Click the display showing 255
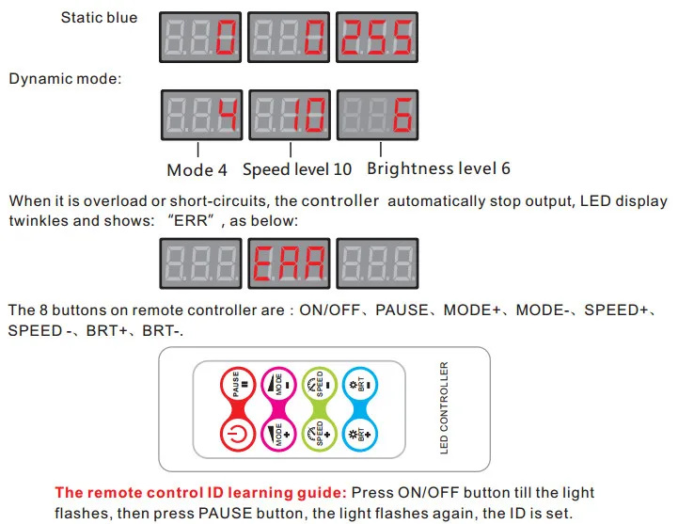click(375, 38)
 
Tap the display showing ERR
click(290, 261)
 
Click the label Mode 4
click(197, 170)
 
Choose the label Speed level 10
click(298, 170)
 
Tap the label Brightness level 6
click(438, 169)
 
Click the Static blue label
click(99, 18)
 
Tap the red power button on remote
click(237, 436)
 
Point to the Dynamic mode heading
click(65, 78)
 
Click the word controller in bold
click(340, 201)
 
